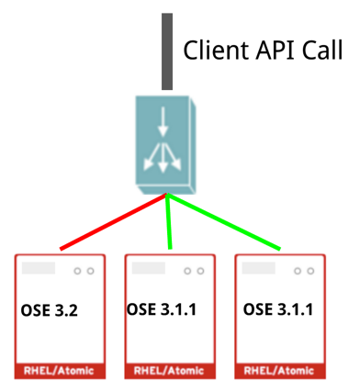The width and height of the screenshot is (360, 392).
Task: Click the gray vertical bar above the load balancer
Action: [x=167, y=50]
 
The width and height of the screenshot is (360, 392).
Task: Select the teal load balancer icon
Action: [x=165, y=147]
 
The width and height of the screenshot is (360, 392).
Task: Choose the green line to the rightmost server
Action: [x=225, y=221]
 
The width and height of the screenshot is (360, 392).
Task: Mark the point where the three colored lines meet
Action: [x=166, y=194]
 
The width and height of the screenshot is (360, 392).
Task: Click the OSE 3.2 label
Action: [x=49, y=311]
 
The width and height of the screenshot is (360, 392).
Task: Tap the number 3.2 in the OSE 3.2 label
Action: [x=63, y=311]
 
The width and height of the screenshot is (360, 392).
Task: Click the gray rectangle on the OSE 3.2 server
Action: [x=39, y=270]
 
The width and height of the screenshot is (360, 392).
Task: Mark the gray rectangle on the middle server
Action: [x=149, y=270]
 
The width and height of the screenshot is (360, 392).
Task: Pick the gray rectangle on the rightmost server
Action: [x=259, y=270]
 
